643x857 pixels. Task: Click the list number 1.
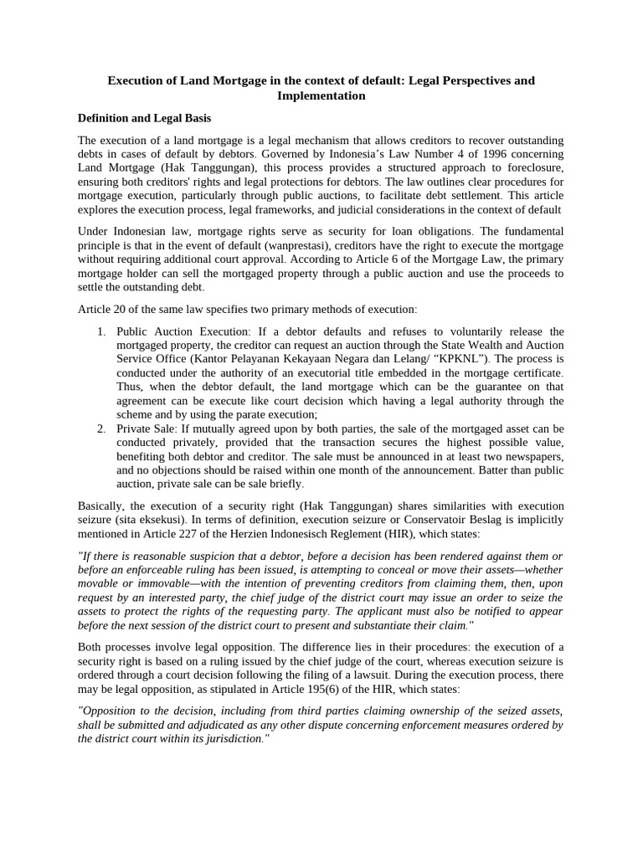click(100, 331)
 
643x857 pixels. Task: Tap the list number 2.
click(100, 429)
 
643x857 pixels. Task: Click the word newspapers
click(532, 457)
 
